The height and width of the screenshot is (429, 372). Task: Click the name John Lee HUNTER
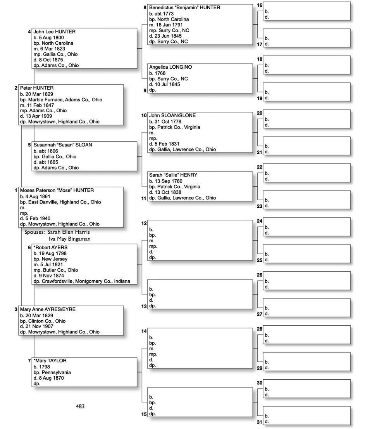click(54, 32)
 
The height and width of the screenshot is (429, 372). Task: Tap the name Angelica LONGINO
click(170, 67)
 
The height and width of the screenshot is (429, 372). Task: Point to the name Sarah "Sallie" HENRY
click(173, 175)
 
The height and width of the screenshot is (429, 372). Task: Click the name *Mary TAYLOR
click(50, 361)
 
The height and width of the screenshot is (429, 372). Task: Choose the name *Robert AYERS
click(50, 247)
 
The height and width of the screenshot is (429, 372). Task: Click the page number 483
click(80, 406)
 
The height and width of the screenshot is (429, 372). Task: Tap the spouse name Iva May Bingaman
click(69, 239)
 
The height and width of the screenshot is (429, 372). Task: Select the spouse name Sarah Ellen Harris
click(69, 232)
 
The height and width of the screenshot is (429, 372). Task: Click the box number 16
click(260, 5)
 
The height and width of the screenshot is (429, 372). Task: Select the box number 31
click(260, 422)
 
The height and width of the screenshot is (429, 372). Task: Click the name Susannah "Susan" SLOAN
click(62, 145)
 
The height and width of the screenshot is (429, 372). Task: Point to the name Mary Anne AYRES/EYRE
click(48, 309)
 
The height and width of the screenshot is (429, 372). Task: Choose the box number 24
click(260, 221)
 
